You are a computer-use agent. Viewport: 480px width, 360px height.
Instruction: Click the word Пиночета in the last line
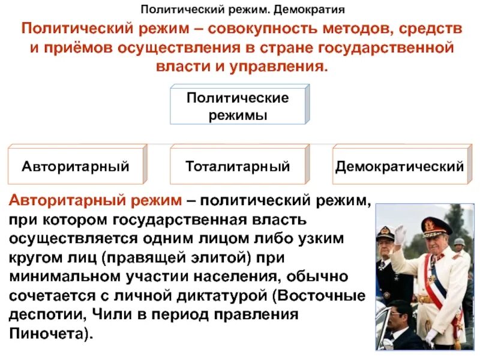pyautogui.click(x=49, y=334)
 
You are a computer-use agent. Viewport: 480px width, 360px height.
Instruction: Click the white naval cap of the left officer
pyautogui.click(x=386, y=232)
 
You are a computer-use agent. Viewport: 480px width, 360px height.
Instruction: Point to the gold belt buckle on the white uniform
pyautogui.click(x=425, y=298)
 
